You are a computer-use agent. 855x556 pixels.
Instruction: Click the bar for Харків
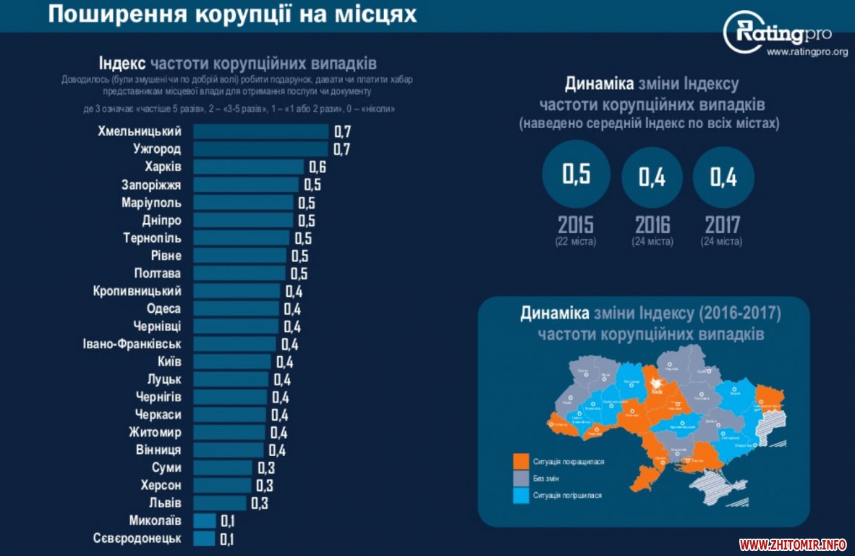(248, 167)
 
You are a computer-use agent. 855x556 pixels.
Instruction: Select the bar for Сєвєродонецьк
(204, 539)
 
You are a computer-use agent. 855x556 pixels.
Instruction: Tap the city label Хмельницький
(139, 131)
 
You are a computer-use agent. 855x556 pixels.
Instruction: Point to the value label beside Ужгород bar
(342, 149)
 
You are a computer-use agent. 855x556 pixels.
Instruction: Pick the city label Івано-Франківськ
(132, 344)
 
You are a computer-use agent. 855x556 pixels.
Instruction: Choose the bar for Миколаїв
(204, 521)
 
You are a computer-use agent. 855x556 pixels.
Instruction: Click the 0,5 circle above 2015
(576, 174)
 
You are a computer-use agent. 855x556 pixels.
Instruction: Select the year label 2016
(652, 224)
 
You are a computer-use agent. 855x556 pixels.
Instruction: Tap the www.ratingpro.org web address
(807, 52)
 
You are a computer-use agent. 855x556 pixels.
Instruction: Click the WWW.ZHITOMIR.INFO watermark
(793, 544)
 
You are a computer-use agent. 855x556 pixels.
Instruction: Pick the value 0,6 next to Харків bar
(318, 167)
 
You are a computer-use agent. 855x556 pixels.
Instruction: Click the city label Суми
(166, 468)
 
